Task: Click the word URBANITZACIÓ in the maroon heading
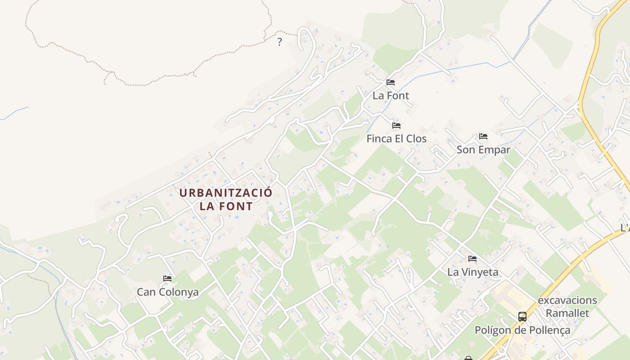pyautogui.click(x=226, y=193)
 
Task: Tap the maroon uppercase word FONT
pyautogui.click(x=235, y=207)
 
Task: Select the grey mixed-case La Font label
pyautogui.click(x=391, y=95)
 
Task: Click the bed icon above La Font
pyautogui.click(x=390, y=82)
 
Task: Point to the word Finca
pyautogui.click(x=379, y=139)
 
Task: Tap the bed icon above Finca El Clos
pyautogui.click(x=396, y=126)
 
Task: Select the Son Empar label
pyautogui.click(x=483, y=150)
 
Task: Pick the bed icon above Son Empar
pyautogui.click(x=483, y=136)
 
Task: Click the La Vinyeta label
pyautogui.click(x=472, y=272)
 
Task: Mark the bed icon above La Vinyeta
pyautogui.click(x=472, y=258)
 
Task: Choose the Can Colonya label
pyautogui.click(x=167, y=292)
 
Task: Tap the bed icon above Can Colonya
pyautogui.click(x=167, y=279)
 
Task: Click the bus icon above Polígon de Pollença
pyautogui.click(x=522, y=316)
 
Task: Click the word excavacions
pyautogui.click(x=567, y=300)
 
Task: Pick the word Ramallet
pyautogui.click(x=567, y=313)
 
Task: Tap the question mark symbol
pyautogui.click(x=279, y=42)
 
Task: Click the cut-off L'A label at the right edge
pyautogui.click(x=625, y=228)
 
